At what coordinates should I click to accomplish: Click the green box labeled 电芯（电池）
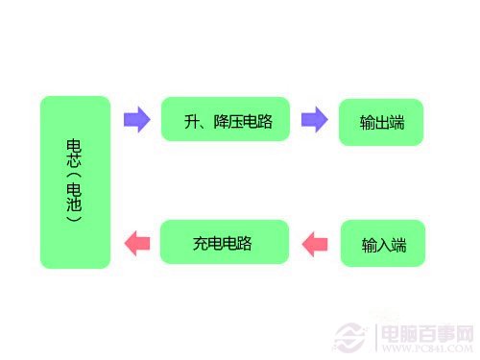pos(75,181)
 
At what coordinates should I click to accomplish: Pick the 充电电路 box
pos(225,243)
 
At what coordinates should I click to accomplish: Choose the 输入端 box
pos(383,244)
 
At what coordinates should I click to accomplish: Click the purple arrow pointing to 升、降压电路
pos(137,120)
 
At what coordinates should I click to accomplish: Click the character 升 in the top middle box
pos(191,121)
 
